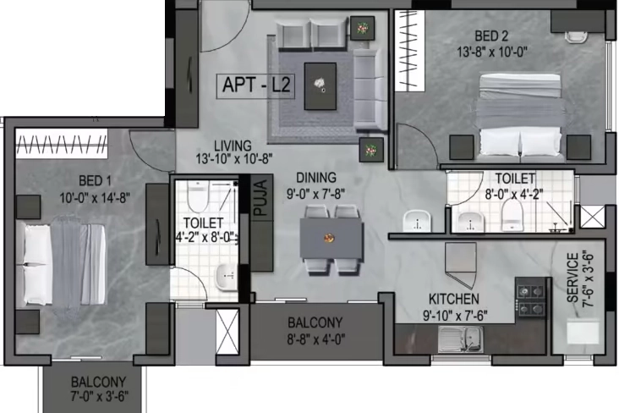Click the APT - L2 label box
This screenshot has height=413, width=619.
point(255,85)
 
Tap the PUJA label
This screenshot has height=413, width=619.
point(261,197)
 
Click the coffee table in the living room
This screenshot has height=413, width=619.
point(320,86)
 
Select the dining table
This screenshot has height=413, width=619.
point(331,239)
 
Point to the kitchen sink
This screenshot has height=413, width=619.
point(461,339)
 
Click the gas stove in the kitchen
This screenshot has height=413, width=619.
point(530,300)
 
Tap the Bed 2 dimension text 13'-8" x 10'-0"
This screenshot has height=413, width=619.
point(492,52)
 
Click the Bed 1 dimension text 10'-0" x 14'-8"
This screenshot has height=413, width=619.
point(95,197)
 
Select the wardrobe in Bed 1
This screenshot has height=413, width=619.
point(62,144)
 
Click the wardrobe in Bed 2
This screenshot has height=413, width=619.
point(410,51)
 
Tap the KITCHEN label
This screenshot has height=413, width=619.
point(454,300)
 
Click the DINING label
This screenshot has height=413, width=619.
point(316,178)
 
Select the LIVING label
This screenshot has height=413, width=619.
point(233,146)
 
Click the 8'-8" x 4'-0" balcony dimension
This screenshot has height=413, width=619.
point(315,339)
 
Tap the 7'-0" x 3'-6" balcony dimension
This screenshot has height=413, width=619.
point(100,396)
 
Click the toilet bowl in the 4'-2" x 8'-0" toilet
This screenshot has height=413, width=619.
point(197,197)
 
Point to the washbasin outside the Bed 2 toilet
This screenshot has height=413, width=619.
point(417,222)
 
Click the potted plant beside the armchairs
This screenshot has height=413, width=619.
point(362,28)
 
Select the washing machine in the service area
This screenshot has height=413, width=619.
point(583,332)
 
